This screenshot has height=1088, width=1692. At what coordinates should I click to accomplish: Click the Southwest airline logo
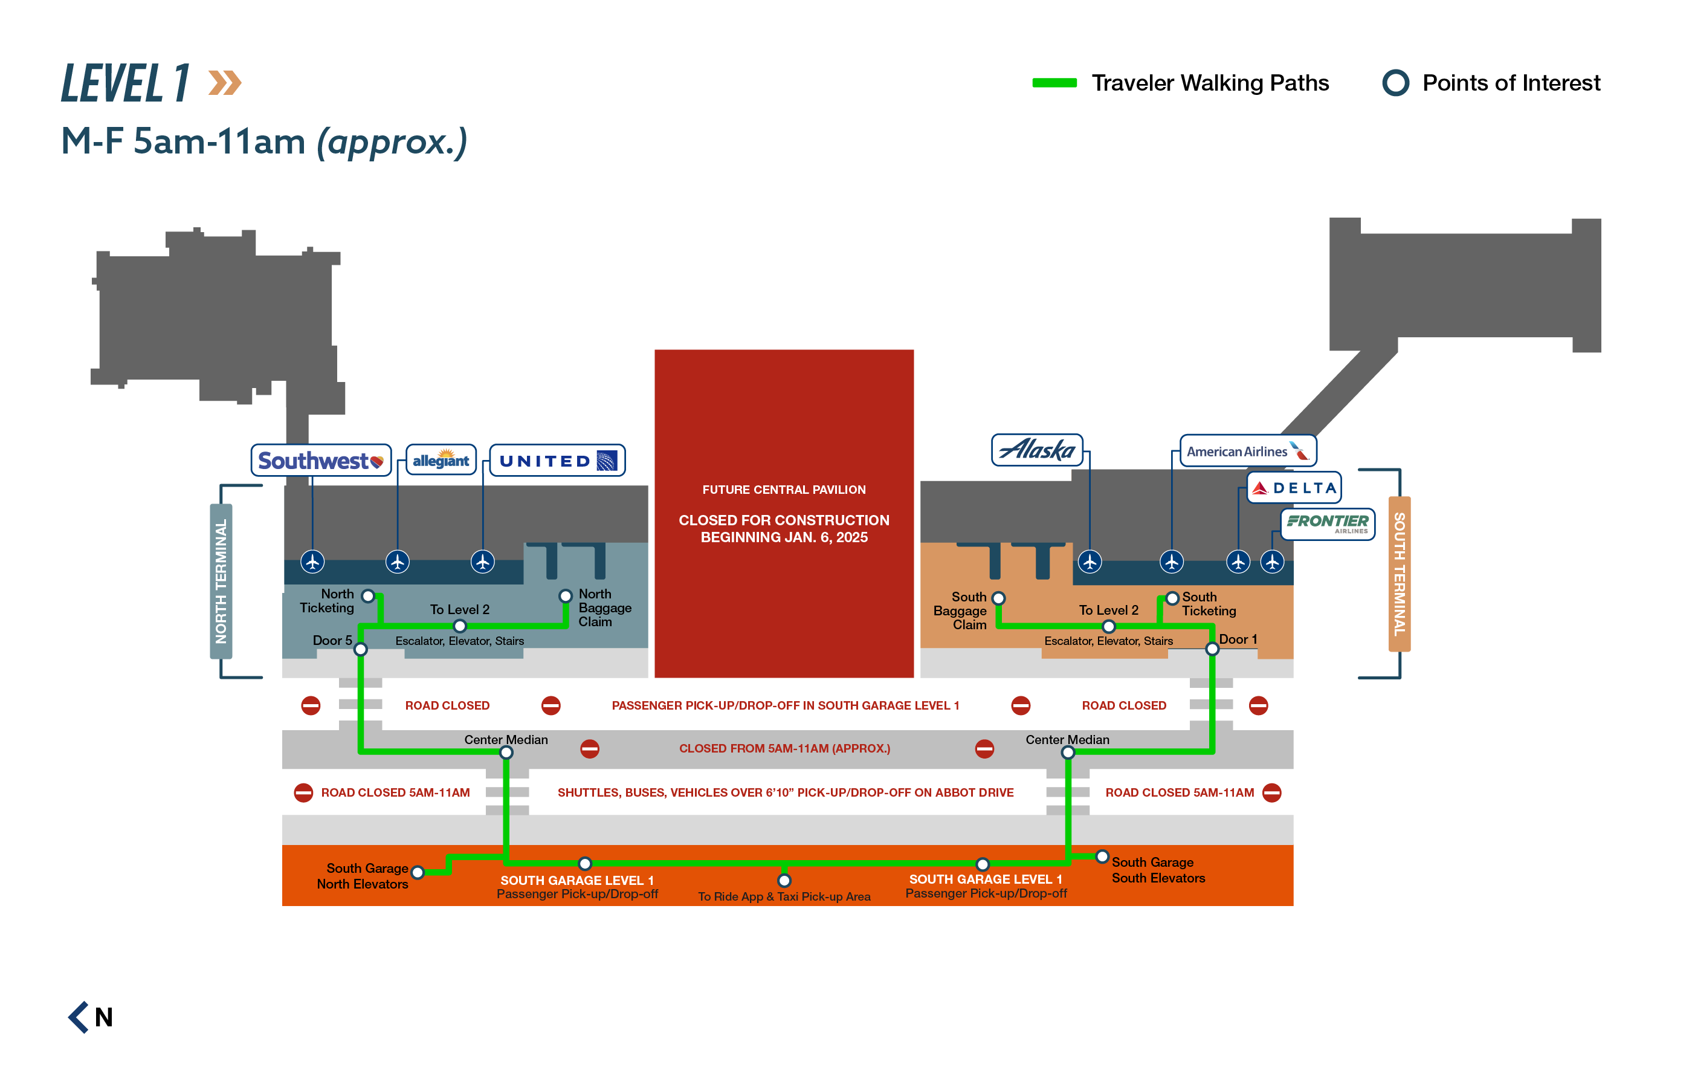click(321, 461)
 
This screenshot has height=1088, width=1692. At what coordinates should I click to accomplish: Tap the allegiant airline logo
click(441, 460)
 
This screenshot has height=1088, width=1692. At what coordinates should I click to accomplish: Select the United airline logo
click(557, 461)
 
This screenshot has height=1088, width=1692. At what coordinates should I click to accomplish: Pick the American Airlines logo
click(1247, 451)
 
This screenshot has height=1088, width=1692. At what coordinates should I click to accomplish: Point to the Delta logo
click(1294, 487)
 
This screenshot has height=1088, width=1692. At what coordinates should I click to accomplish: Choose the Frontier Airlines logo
click(1327, 523)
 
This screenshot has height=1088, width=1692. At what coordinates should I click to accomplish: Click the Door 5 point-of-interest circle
click(360, 649)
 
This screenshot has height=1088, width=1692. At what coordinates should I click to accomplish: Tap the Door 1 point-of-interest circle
click(1212, 649)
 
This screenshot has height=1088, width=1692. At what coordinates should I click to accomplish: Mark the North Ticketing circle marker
click(368, 595)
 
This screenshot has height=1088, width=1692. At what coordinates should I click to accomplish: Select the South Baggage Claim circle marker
click(998, 598)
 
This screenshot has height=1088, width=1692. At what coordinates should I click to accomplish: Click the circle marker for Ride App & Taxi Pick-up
click(784, 880)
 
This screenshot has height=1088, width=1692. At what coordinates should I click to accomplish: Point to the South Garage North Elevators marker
click(418, 873)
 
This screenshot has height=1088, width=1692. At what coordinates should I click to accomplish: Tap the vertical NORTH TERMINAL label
click(221, 581)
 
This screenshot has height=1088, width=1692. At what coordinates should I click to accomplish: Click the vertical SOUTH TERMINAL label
click(1399, 574)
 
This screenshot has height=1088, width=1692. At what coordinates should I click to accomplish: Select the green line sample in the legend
click(1054, 83)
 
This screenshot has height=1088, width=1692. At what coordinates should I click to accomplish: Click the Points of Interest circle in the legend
click(1395, 83)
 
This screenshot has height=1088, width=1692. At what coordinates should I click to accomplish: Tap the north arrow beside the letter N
click(79, 1017)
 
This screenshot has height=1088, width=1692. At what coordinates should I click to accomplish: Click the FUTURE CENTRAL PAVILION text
click(783, 490)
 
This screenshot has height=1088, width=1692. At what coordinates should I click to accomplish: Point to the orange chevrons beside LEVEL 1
click(225, 83)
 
